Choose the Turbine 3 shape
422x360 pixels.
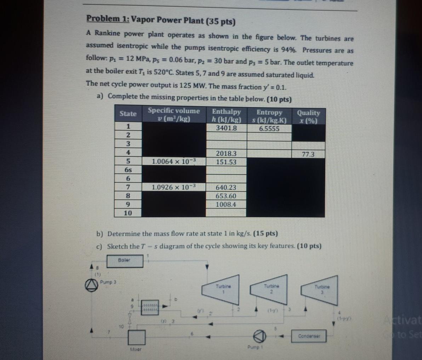318,290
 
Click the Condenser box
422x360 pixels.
308,336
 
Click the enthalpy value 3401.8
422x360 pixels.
227,128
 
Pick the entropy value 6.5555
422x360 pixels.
269,129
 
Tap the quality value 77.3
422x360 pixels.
308,154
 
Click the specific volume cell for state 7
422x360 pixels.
173,187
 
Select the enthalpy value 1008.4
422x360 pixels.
226,205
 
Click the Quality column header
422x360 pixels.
308,116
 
